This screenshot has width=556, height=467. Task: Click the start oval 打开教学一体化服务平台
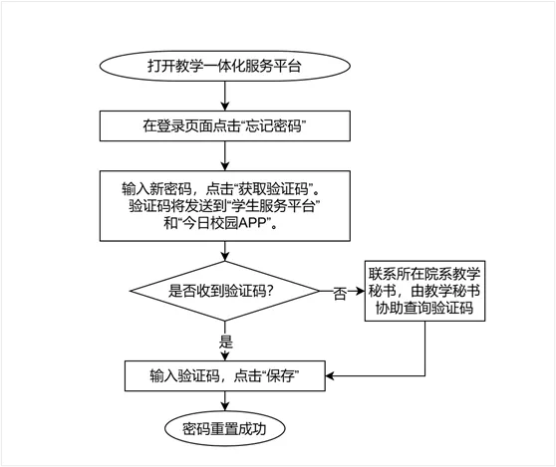[225, 66]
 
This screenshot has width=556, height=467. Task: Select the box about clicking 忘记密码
[225, 125]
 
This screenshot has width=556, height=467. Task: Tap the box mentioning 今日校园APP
[225, 206]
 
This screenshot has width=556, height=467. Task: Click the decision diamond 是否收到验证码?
[225, 291]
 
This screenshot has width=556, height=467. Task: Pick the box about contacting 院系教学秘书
[424, 291]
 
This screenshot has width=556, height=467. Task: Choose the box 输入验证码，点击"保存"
[225, 376]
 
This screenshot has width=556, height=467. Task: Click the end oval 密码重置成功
[225, 429]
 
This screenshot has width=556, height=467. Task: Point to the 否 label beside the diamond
[340, 293]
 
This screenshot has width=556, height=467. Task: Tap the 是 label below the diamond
[226, 342]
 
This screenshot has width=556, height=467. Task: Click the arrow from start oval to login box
[225, 96]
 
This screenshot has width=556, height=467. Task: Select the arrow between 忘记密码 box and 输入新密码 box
[225, 156]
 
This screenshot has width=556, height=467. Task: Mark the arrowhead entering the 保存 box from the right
[330, 376]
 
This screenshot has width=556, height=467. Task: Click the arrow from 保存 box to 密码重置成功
[225, 401]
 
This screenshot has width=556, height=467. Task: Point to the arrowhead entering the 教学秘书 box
[361, 291]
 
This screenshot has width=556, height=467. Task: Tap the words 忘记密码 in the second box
[273, 125]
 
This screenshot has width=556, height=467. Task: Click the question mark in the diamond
[270, 292]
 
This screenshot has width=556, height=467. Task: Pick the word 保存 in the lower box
[280, 376]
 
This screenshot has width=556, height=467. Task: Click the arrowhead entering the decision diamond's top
[225, 257]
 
